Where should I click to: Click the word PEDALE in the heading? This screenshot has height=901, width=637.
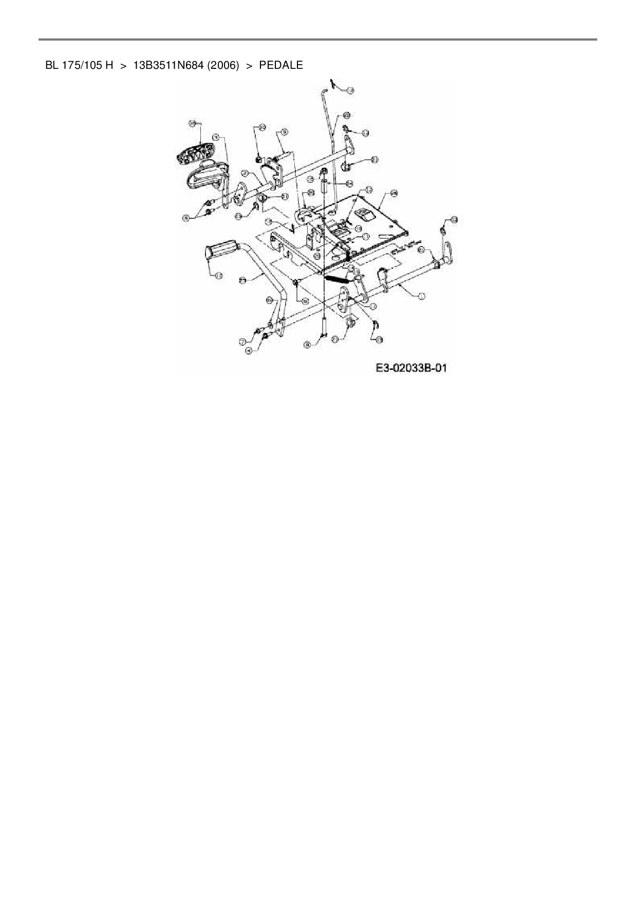tap(281, 66)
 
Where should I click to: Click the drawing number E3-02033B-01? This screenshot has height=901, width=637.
tap(411, 368)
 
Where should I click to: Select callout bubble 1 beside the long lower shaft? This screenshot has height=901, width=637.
tap(421, 296)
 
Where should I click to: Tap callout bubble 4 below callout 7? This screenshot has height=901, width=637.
tap(250, 350)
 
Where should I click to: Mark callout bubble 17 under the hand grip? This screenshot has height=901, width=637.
tap(218, 276)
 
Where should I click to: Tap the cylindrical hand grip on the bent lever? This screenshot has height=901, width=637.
tap(221, 252)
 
